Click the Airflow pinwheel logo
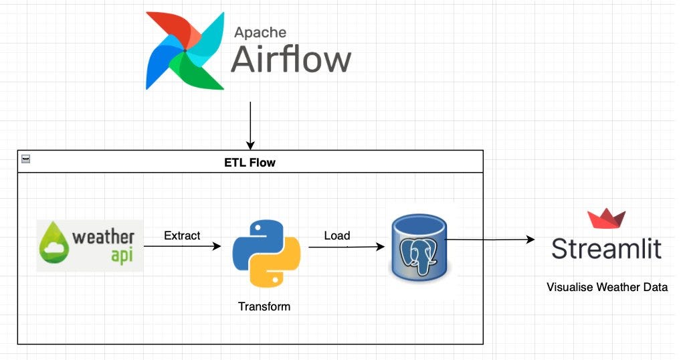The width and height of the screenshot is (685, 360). coord(185,50)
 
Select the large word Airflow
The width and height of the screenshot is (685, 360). coord(291,60)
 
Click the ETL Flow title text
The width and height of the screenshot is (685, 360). coord(250,162)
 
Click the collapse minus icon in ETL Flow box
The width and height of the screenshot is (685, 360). coord(25,159)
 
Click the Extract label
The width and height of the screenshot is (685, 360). coord(182,236)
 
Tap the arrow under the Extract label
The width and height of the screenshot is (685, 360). coord(182,246)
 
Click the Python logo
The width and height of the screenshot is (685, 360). coord(266,253)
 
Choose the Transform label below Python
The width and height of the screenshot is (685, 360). coord(264,306)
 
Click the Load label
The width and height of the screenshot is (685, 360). coord(336,236)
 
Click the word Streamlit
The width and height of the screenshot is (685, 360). coord(606,249)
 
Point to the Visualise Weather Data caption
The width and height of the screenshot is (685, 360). coord(607,288)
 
